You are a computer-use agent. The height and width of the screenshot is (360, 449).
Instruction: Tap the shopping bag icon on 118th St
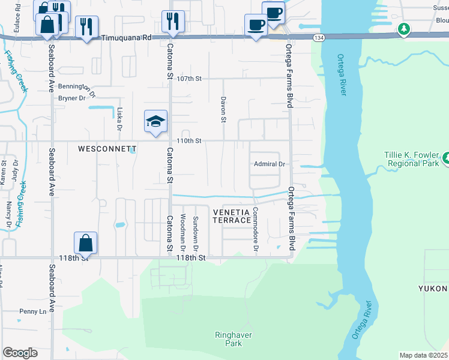(x=86, y=244)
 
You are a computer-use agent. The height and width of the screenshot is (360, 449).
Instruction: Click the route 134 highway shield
(x=317, y=37)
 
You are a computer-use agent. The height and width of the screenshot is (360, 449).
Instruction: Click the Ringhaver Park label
(x=229, y=339)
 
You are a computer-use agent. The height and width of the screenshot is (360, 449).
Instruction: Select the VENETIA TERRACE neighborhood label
(x=232, y=216)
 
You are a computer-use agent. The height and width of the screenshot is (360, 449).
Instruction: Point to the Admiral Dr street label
(x=269, y=164)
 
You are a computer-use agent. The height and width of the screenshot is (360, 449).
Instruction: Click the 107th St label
(x=191, y=79)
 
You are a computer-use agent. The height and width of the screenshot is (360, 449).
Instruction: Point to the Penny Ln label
(x=32, y=311)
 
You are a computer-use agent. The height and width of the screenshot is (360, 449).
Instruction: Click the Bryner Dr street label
(x=72, y=98)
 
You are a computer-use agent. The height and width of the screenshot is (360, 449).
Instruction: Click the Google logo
(x=20, y=353)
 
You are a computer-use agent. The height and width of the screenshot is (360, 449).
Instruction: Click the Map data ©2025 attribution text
(x=423, y=355)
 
